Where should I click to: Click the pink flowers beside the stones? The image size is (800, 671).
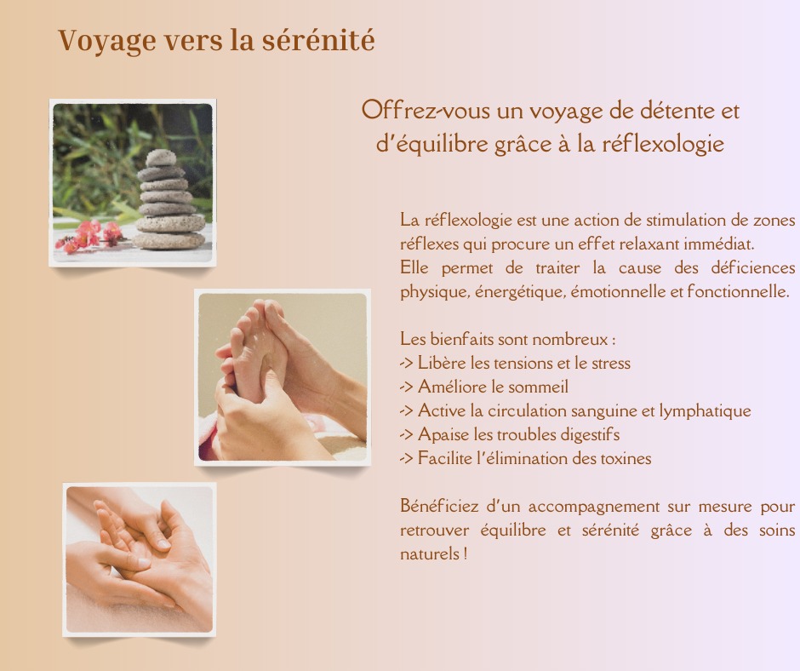coord(90,235)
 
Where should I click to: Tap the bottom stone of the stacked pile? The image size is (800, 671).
coord(169,240)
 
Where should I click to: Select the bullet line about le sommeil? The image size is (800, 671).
coord(484,387)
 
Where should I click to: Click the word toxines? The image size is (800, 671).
coord(623,458)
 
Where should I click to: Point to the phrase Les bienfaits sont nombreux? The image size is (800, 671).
coord(507,339)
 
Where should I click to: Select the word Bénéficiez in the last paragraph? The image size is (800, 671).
coord(437,506)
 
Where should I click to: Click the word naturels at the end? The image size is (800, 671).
coord(431,553)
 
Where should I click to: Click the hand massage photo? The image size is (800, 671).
coord(140,559)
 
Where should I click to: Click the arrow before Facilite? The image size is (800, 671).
coord(406,458)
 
